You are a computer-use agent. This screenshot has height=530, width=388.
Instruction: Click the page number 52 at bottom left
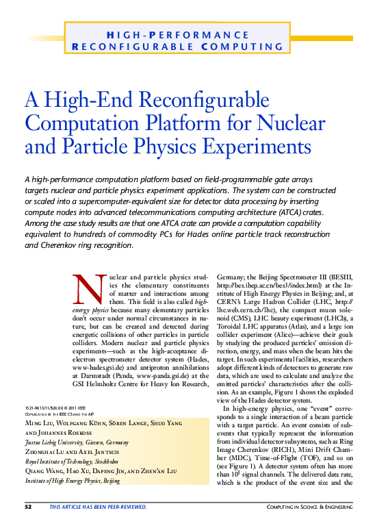[29, 507]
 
